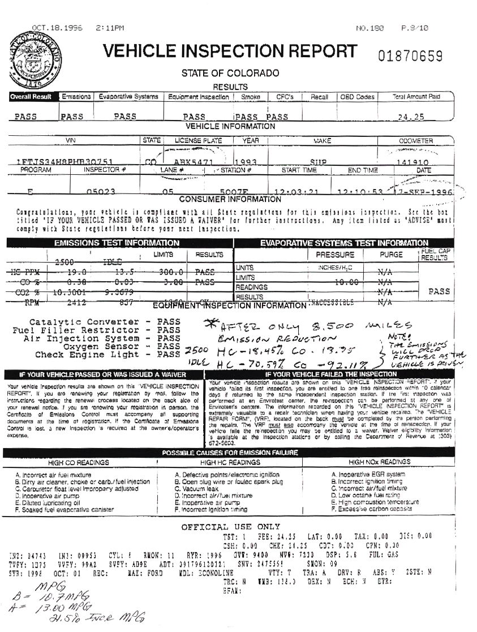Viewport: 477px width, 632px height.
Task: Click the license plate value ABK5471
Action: pos(192,161)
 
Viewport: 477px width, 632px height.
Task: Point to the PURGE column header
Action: pos(391,255)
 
